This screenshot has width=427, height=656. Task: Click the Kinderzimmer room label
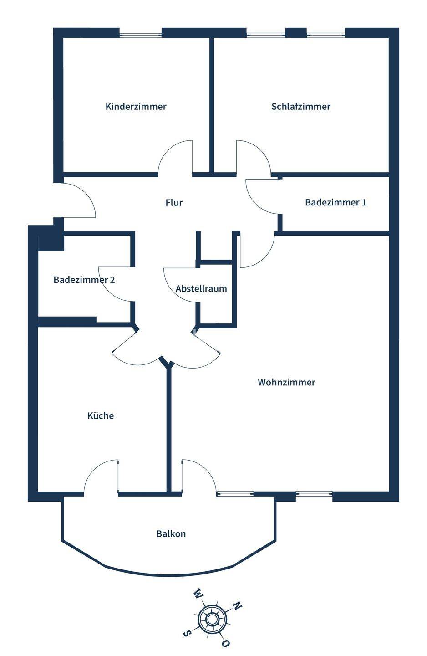pyautogui.click(x=136, y=107)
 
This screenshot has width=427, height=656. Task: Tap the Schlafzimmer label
pyautogui.click(x=301, y=107)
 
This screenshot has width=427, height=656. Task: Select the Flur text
pyautogui.click(x=174, y=203)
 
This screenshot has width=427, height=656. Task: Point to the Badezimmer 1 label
pyautogui.click(x=335, y=202)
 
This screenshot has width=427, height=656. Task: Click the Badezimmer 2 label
pyautogui.click(x=84, y=280)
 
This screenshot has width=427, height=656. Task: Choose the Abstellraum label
pyautogui.click(x=201, y=289)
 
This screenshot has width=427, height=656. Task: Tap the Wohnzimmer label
pyautogui.click(x=286, y=382)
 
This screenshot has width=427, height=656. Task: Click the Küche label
pyautogui.click(x=101, y=415)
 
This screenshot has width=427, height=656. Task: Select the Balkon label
pyautogui.click(x=171, y=533)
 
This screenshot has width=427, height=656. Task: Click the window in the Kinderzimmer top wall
pyautogui.click(x=140, y=33)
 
